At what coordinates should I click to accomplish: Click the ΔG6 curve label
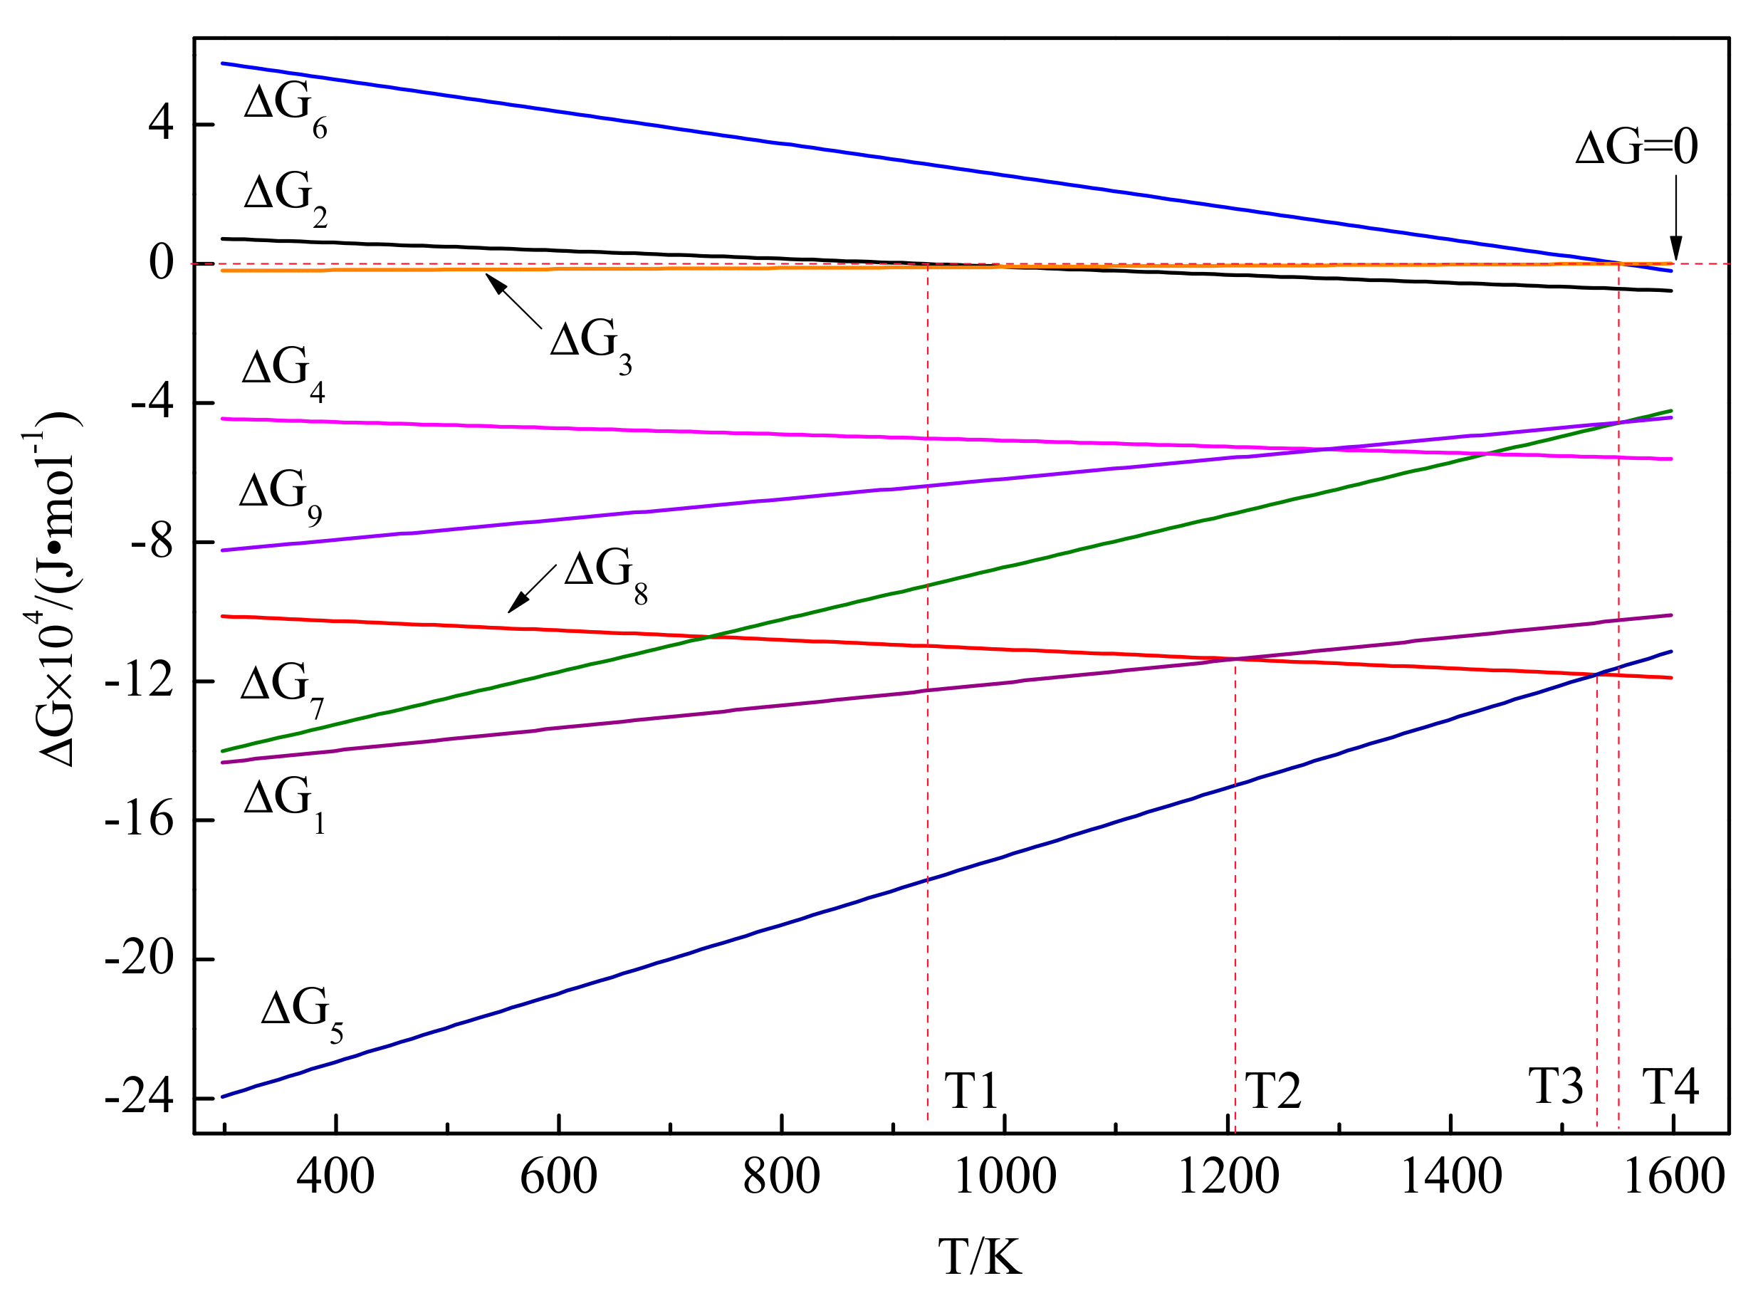tap(285, 110)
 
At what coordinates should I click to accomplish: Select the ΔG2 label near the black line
tap(285, 198)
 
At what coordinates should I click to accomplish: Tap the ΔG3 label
tap(591, 346)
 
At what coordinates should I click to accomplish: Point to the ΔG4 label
tap(283, 374)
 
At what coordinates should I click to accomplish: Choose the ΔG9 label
tap(280, 497)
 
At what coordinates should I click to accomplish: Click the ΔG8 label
tap(606, 575)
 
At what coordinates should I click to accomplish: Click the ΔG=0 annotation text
tap(1636, 147)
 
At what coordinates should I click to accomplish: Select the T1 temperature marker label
tap(972, 1091)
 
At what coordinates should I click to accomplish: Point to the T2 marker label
tap(1272, 1091)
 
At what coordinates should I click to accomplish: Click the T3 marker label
tap(1555, 1086)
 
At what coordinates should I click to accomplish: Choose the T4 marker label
tap(1670, 1086)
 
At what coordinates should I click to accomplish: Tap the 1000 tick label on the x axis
tap(1004, 1177)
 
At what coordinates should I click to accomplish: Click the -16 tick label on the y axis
tap(139, 820)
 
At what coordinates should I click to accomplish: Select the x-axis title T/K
tap(980, 1256)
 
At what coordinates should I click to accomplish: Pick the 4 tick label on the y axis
tap(160, 124)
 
